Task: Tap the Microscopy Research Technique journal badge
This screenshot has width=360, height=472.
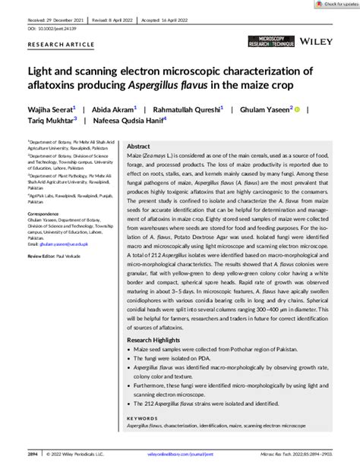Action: click(x=262, y=39)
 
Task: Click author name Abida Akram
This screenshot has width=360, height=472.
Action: click(x=114, y=110)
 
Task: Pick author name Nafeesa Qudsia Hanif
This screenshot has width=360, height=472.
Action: click(x=130, y=121)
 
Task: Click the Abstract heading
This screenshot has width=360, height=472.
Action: click(x=138, y=146)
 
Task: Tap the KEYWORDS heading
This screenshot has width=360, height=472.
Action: click(x=142, y=417)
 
